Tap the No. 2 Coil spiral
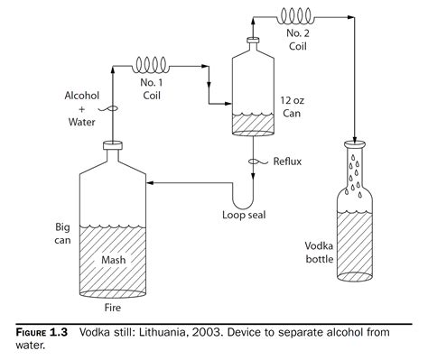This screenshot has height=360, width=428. [x=299, y=16]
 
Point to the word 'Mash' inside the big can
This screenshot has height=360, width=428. [x=115, y=262]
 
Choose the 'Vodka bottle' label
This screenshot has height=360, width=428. [x=320, y=252]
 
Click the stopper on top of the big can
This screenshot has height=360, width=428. [x=113, y=143]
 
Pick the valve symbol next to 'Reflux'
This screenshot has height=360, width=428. [x=255, y=162]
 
